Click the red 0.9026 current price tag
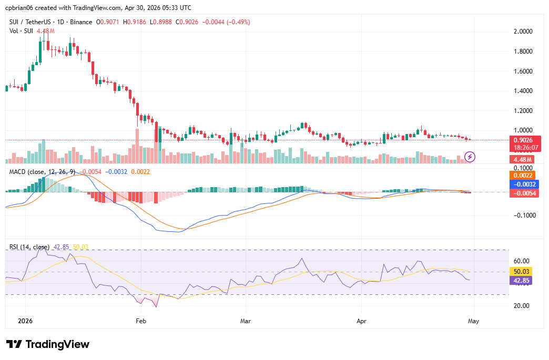pos(523,140)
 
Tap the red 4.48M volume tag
pos(523,159)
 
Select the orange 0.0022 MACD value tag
pos(523,175)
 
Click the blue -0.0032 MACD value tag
pos(523,184)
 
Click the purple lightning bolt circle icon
pos(470,157)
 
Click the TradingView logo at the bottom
pos(48,344)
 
